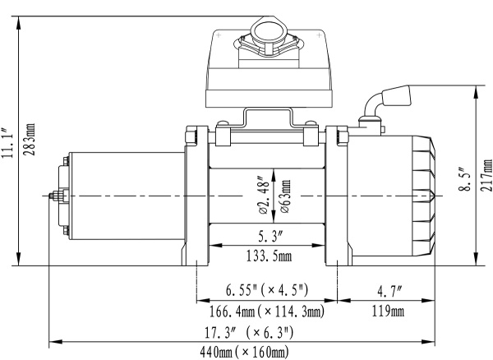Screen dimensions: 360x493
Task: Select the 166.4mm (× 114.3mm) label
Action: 266,312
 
